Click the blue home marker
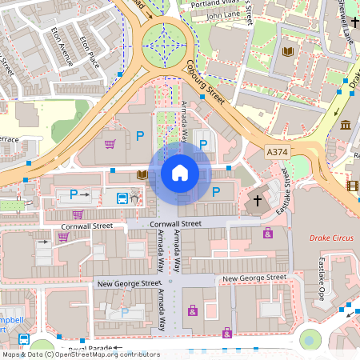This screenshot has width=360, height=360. pos(180,173)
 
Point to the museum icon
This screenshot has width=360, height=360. pos(346,125)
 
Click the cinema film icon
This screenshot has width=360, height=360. pos(352,186)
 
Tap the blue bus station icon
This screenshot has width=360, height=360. pos(122,198)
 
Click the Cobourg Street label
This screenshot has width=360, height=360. pos(205,83)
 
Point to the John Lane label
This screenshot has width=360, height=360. pos(223,15)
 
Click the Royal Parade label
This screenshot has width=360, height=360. pos(88,349)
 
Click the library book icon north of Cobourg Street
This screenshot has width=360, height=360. pos(287,53)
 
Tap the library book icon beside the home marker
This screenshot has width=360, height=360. pos(142,174)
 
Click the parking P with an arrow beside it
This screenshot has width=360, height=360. pos(78,194)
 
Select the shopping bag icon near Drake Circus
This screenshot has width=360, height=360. pos(267,233)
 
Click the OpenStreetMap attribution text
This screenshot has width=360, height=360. pos(81,354)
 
